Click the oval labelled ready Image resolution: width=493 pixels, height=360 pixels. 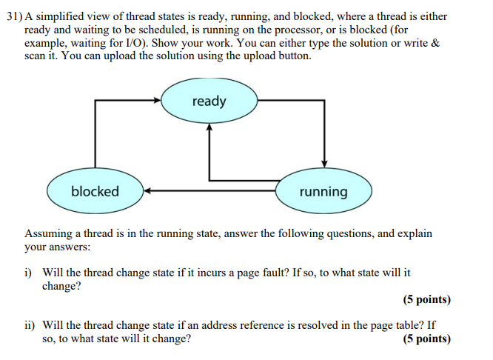click(209, 101)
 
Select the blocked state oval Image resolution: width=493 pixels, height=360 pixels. click(95, 191)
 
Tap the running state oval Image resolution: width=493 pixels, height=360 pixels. click(323, 192)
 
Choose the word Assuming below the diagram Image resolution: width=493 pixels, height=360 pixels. click(50, 233)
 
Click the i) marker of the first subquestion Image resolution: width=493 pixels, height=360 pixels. click(29, 273)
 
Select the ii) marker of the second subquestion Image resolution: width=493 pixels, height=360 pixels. click(30, 325)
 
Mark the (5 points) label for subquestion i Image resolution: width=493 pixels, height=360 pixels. click(426, 300)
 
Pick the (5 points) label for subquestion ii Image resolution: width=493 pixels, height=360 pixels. click(426, 339)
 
